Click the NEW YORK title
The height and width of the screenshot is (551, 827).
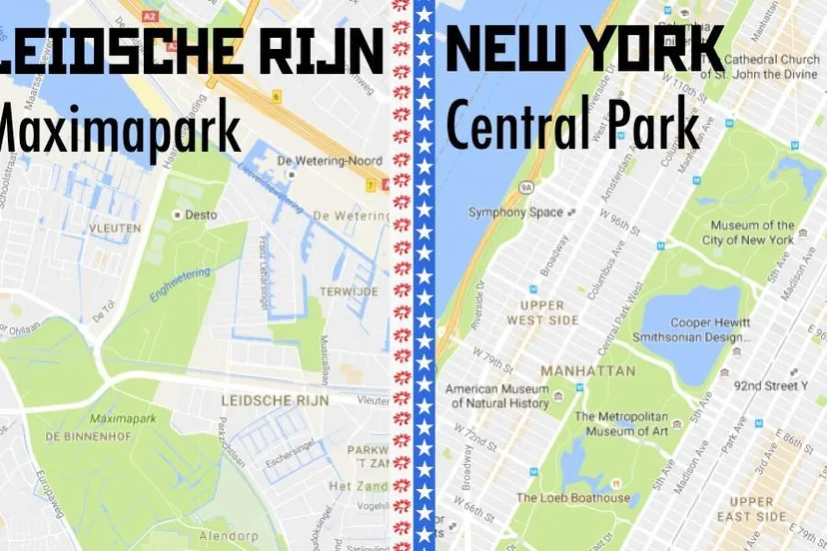(x=584, y=47)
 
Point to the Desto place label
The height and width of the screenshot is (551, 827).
(x=201, y=214)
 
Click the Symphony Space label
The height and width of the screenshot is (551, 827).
(x=515, y=213)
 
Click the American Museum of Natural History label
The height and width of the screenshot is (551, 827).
(x=497, y=396)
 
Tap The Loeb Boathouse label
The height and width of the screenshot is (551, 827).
(x=573, y=498)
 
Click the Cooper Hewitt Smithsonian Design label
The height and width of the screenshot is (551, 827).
(x=690, y=329)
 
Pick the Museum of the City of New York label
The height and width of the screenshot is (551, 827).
(x=748, y=233)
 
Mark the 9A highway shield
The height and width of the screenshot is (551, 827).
(x=526, y=187)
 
